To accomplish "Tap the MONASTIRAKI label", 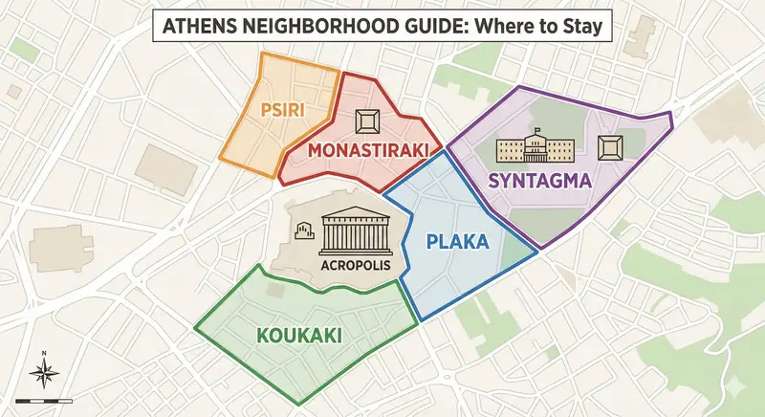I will click(366, 151).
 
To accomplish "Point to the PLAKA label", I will click(457, 242).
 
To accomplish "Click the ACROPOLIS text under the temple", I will click(357, 265).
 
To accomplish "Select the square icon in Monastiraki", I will click(366, 121).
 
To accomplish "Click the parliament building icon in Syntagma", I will click(535, 148).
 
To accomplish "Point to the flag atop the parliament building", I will click(537, 130).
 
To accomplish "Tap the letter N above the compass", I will click(45, 354).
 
